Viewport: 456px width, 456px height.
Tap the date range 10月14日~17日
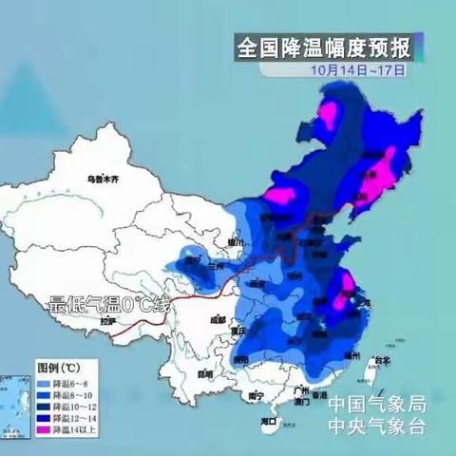357,68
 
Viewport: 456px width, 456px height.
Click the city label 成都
218,318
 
